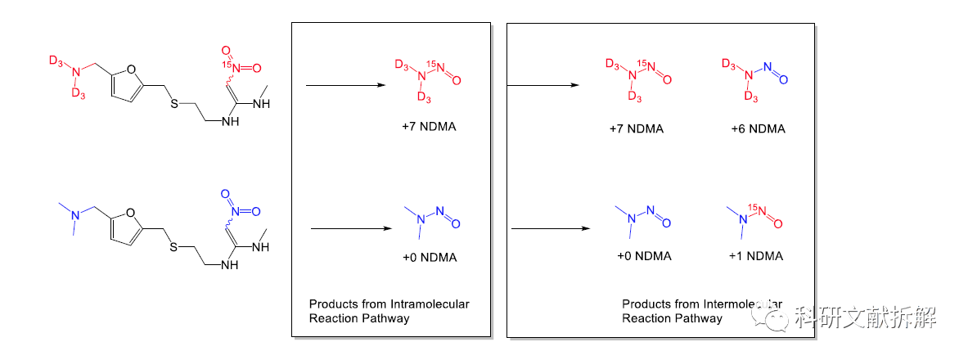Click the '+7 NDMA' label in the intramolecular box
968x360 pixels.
coord(424,128)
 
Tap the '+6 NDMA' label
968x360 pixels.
coord(758,129)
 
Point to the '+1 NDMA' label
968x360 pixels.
coord(755,256)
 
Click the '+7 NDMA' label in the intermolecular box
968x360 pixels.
coord(636,129)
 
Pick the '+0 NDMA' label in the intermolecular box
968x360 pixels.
coord(644,256)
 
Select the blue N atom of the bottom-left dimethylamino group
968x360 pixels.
coord(74,215)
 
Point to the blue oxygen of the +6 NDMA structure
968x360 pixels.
coord(784,80)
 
